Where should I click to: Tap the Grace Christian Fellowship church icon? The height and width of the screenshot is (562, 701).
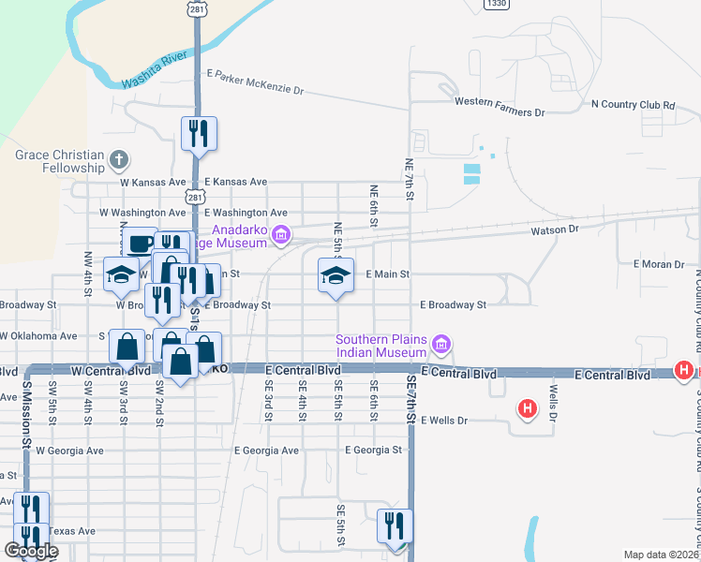click(x=118, y=161)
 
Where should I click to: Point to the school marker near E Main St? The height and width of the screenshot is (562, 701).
click(x=336, y=275)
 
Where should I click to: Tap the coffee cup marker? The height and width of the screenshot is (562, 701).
click(x=140, y=244)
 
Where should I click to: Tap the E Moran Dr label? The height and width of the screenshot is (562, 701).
click(x=659, y=264)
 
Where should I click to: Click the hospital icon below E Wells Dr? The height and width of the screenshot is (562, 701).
click(x=528, y=408)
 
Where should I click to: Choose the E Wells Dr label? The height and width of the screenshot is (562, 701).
click(x=444, y=421)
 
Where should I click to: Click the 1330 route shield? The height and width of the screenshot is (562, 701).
click(x=497, y=5)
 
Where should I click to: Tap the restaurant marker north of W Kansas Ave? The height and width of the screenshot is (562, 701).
click(x=199, y=134)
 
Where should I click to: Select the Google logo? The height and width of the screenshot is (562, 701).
click(x=31, y=552)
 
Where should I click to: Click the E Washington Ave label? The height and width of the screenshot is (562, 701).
click(x=246, y=214)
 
